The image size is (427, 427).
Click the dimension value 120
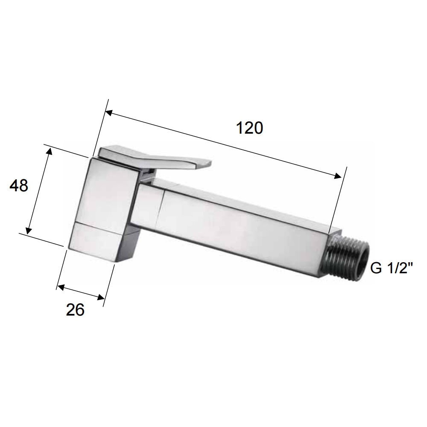250,128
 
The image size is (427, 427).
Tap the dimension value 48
19,186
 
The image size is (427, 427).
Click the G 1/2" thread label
391,269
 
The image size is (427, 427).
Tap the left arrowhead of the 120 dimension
109,113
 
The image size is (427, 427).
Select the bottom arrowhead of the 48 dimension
29,231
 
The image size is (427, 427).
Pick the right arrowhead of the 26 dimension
101,298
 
